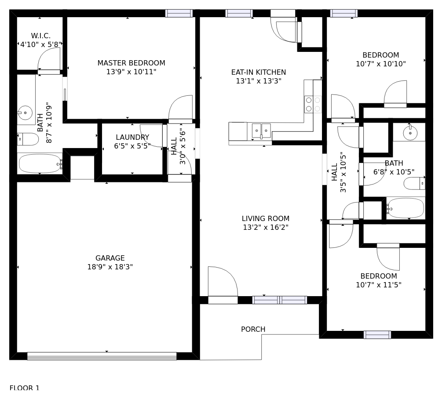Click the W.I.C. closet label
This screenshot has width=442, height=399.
click(x=40, y=36)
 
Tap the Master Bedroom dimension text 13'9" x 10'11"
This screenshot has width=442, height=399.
click(x=131, y=72)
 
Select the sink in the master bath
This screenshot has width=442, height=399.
click(x=25, y=112)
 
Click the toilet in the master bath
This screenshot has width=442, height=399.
click(x=28, y=139)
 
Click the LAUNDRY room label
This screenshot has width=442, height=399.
click(x=132, y=137)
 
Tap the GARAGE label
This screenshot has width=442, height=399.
click(x=110, y=258)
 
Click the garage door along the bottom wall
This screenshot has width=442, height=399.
click(x=102, y=356)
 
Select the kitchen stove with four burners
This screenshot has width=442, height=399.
click(x=313, y=105)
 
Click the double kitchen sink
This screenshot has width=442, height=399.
click(x=261, y=131)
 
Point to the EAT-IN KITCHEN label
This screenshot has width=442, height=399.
click(x=259, y=72)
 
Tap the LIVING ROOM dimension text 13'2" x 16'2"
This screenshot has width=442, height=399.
click(x=266, y=227)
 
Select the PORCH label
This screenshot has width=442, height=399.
click(x=253, y=329)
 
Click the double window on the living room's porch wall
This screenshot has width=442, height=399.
click(x=280, y=300)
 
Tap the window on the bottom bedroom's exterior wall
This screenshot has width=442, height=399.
click(x=377, y=335)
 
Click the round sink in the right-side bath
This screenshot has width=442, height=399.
click(x=410, y=133)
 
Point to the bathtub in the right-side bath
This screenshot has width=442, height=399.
click(x=405, y=208)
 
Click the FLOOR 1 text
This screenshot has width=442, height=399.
click(x=25, y=388)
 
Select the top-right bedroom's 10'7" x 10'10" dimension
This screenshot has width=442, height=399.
click(x=381, y=64)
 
